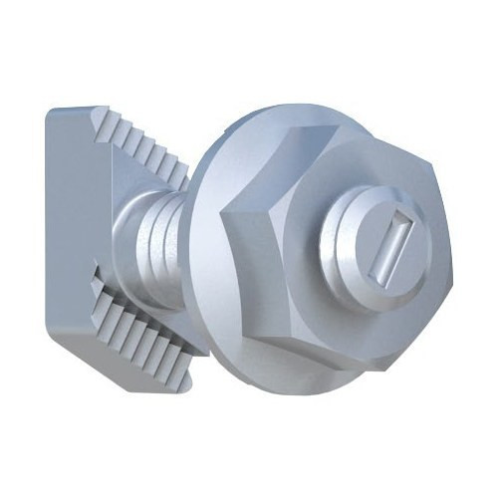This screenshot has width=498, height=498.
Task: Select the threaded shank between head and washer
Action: (149, 238)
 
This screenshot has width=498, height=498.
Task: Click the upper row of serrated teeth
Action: (144, 150)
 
